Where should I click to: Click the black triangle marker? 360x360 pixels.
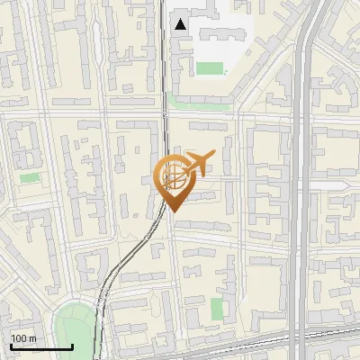pyautogui.click(x=181, y=24)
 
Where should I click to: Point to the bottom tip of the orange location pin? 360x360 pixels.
pyautogui.click(x=174, y=211)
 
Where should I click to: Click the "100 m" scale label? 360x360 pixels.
pyautogui.click(x=23, y=338)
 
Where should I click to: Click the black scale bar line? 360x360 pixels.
pyautogui.click(x=41, y=347)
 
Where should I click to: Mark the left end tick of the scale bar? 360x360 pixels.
pyautogui.click(x=11, y=346)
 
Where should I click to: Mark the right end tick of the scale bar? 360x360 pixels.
pyautogui.click(x=72, y=346)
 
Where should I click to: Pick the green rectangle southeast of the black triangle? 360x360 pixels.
pyautogui.click(x=210, y=68)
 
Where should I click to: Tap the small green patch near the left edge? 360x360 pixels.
pyautogui.click(x=30, y=177)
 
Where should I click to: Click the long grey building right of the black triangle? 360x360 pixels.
pyautogui.click(x=216, y=33)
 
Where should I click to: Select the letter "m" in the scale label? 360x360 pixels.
pyautogui.click(x=32, y=338)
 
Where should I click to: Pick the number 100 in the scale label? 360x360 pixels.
pyautogui.click(x=19, y=338)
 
